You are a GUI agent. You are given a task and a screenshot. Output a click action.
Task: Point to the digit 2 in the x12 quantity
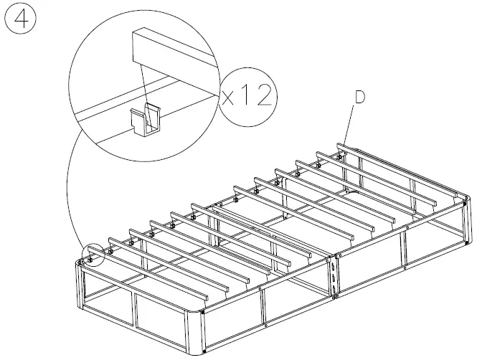click(263, 96)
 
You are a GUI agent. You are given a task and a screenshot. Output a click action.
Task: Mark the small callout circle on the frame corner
click(92, 253)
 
